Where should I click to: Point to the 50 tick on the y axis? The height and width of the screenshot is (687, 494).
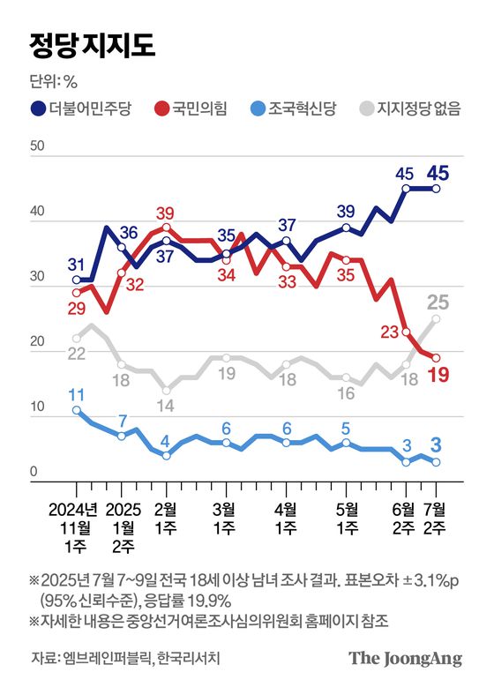pyautogui.click(x=36, y=146)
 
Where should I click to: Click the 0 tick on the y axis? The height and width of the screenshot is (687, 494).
pyautogui.click(x=34, y=473)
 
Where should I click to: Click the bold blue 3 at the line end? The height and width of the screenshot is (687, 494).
pyautogui.click(x=435, y=443)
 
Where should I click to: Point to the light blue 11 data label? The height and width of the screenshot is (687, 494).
pyautogui.click(x=76, y=394)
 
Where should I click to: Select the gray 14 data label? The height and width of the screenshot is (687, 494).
pyautogui.click(x=166, y=405)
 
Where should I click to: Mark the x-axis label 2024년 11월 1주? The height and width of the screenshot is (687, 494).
pyautogui.click(x=77, y=528)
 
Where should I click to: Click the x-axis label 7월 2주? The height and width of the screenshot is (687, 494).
pyautogui.click(x=436, y=519)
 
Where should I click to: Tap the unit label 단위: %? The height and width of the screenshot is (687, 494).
pyautogui.click(x=55, y=84)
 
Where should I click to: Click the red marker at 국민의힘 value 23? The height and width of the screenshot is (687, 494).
pyautogui.click(x=406, y=332)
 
